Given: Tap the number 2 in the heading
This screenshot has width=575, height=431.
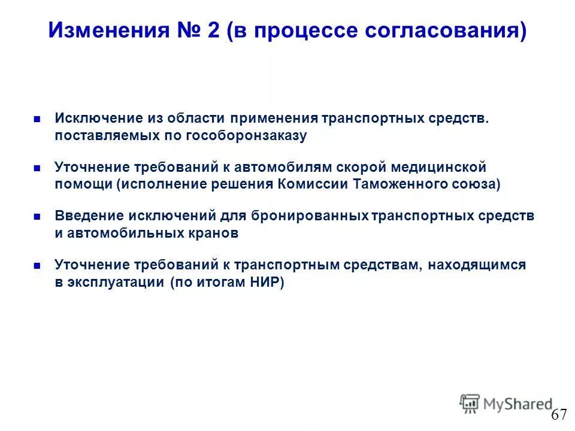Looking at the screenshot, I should pos(213,30).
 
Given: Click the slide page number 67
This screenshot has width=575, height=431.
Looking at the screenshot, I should pos(559,414).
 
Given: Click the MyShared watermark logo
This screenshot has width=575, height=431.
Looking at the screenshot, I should pos(506,403).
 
